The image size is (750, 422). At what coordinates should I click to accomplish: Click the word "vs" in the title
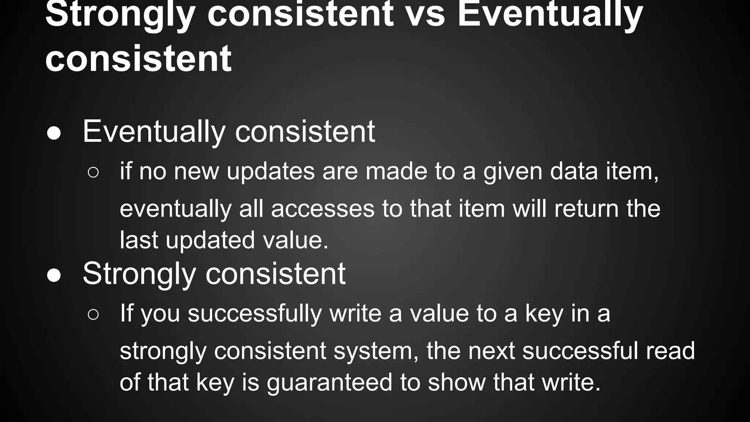(426, 15)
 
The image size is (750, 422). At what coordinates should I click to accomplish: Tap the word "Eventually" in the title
(550, 15)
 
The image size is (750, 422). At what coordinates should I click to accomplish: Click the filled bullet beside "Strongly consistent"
(54, 276)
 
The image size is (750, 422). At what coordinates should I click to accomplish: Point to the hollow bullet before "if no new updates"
(93, 173)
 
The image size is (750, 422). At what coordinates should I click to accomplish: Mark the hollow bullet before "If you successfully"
(93, 314)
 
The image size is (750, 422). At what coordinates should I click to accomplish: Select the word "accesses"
(323, 209)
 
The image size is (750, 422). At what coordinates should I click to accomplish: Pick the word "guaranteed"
(329, 382)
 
